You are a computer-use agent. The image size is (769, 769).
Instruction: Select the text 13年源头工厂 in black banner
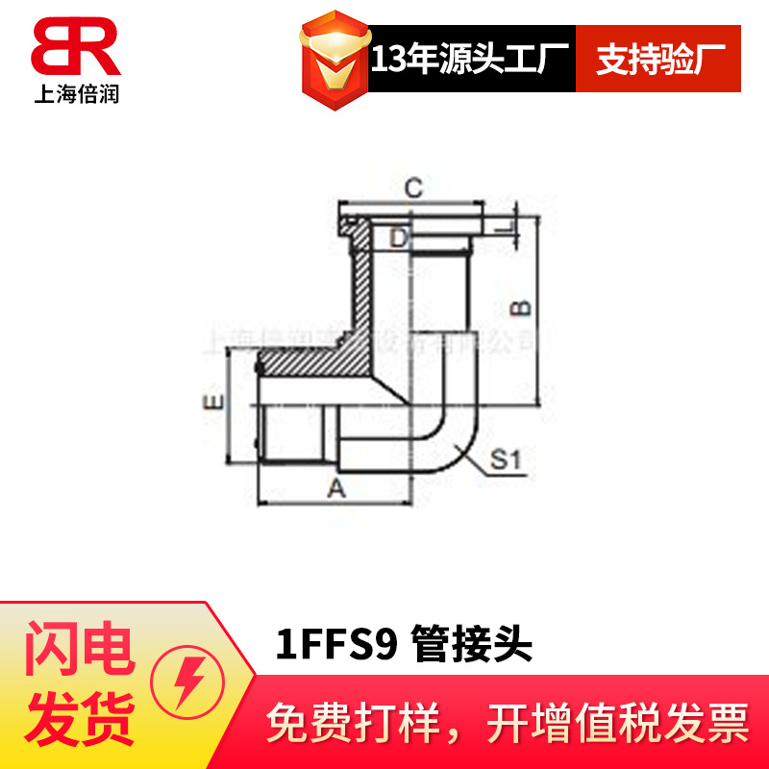tap(471, 59)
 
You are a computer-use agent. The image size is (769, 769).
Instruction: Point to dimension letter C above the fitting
tap(411, 188)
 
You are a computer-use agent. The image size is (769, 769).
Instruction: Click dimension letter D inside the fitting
tap(398, 236)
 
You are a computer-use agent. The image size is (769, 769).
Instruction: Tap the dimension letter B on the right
tap(519, 308)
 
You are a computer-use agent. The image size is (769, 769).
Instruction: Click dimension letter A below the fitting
tap(335, 488)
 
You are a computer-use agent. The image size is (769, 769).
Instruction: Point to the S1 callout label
tap(506, 461)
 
